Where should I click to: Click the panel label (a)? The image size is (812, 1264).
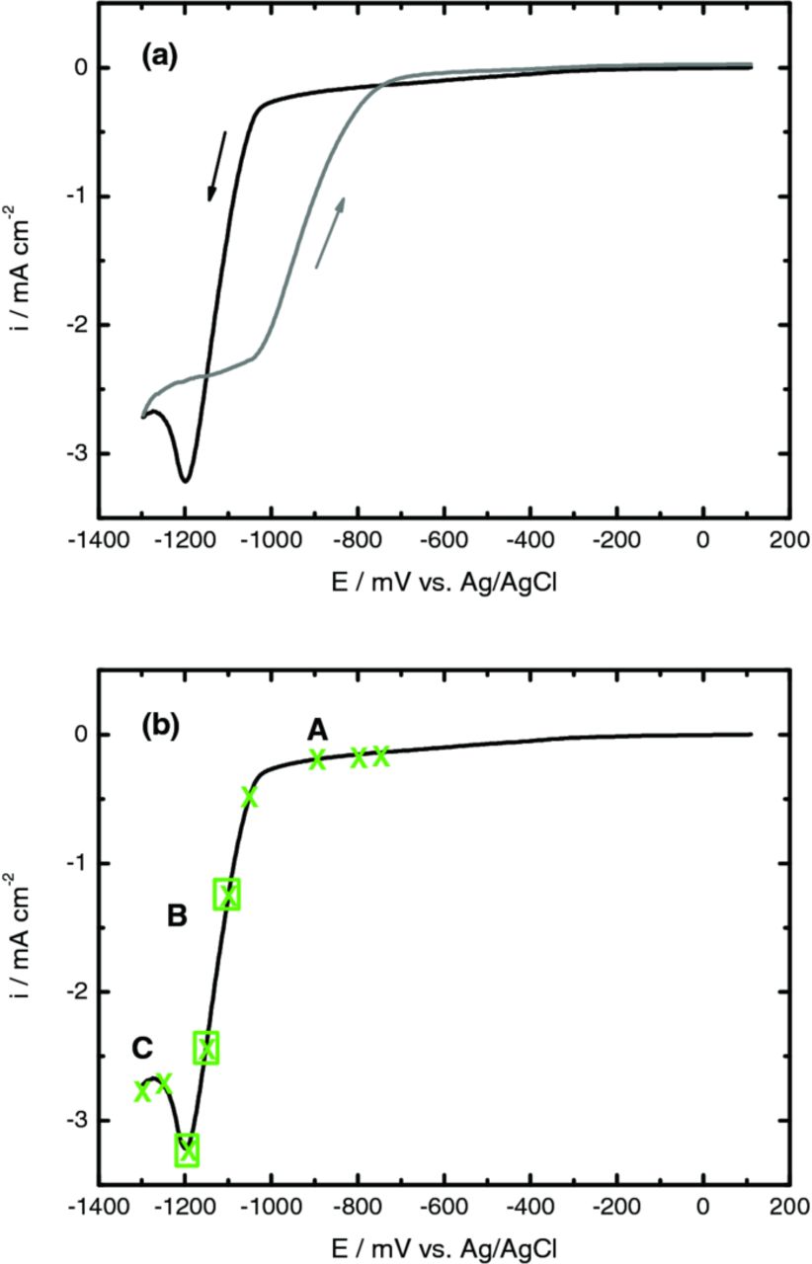coord(158,57)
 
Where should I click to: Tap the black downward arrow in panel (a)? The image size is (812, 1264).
coord(216,166)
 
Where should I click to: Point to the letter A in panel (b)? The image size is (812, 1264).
coord(317,730)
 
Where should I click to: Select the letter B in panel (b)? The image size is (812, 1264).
coord(177,916)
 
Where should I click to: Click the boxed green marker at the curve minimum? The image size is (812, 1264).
coord(187,1149)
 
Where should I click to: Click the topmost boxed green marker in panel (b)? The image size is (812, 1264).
coord(227,895)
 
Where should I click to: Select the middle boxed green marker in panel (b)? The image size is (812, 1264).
coord(205,1048)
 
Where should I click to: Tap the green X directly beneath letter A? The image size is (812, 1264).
coord(317,758)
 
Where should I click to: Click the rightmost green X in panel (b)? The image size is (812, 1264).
coord(380,755)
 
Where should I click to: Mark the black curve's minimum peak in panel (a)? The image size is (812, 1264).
coord(186,480)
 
